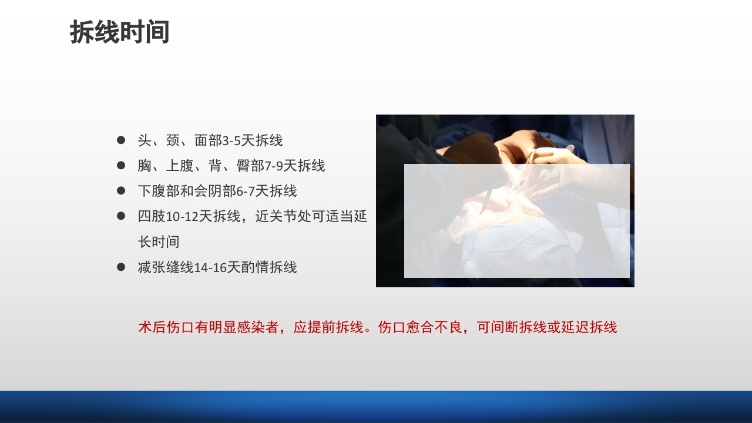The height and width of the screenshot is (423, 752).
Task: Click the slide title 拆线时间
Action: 120,32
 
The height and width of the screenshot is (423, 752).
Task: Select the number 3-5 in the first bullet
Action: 232,141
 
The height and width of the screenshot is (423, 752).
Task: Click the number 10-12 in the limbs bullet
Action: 182,217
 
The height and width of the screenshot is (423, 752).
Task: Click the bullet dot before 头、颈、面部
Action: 121,140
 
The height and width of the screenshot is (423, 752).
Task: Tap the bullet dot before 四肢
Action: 121,216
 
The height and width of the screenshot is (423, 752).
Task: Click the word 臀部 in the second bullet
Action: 250,166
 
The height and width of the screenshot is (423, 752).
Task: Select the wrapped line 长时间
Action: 159,242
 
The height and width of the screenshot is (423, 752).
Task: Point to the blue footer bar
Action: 376,407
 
